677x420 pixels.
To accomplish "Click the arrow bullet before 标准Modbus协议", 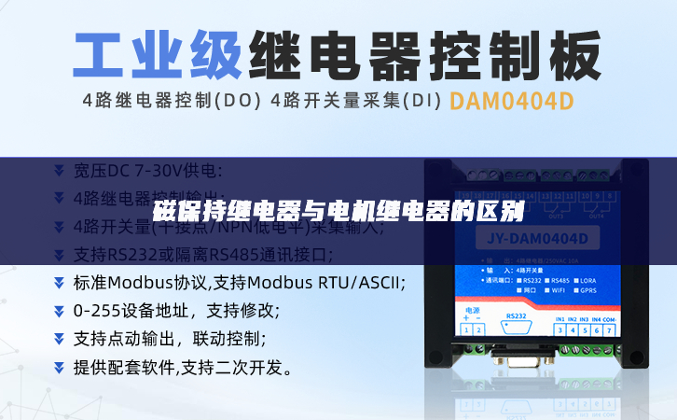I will coord(59,283).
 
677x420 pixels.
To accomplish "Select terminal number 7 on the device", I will coord(607,329).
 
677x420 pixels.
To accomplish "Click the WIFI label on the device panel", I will coord(557,290).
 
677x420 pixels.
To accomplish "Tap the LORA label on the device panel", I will coord(589,280).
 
